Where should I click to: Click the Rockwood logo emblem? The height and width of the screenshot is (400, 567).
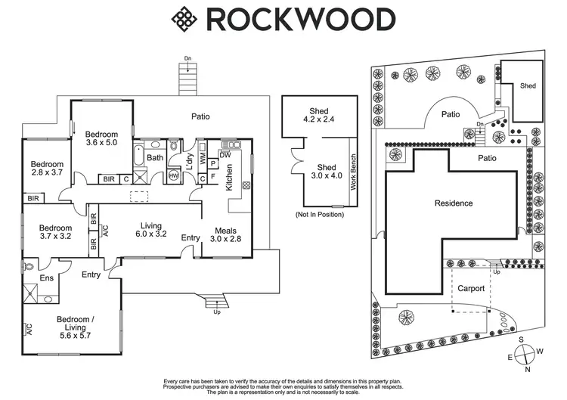coord(183,19)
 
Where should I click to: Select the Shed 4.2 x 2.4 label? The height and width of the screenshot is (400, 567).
coord(318,114)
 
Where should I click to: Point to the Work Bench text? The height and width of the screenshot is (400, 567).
coord(352,172)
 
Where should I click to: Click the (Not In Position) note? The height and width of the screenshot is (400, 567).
coord(320,215)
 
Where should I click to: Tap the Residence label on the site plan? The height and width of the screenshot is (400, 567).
coord(454,203)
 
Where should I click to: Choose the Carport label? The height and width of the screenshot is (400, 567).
coord(471,289)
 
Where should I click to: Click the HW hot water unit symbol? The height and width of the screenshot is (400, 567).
coord(175,175)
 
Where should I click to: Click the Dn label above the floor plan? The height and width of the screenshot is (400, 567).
coord(187,58)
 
